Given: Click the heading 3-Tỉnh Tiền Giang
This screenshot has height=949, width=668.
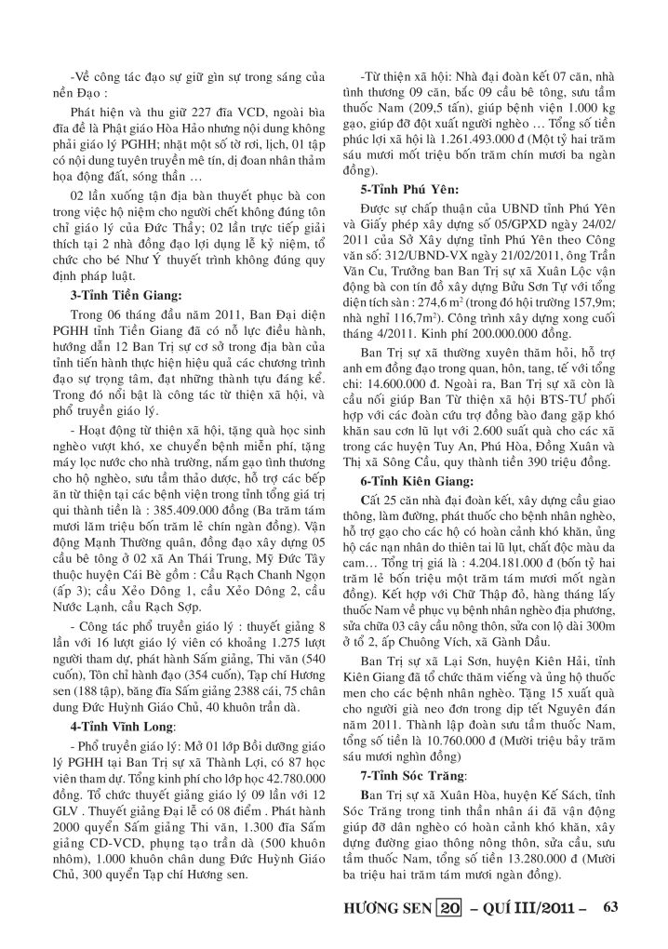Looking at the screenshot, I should point(127,296).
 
